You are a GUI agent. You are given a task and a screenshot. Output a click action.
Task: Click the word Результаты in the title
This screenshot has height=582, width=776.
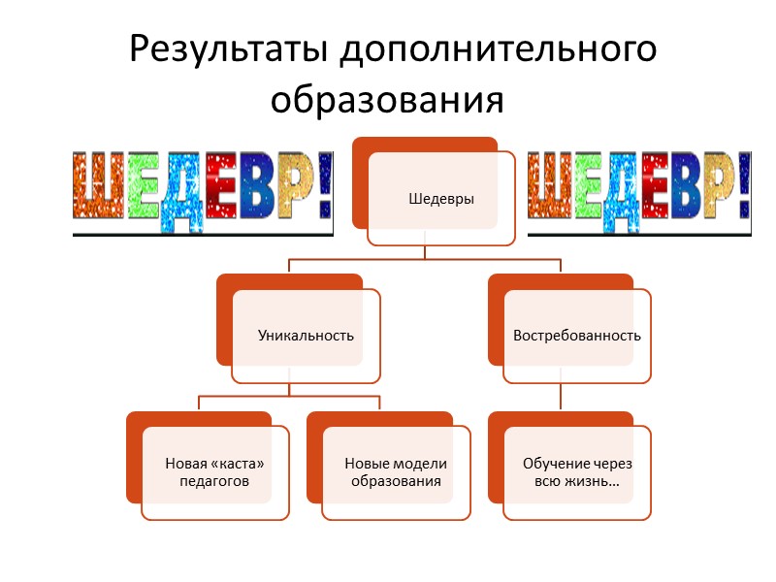228,49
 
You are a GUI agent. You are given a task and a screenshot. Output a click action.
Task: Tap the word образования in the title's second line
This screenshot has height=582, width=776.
387,98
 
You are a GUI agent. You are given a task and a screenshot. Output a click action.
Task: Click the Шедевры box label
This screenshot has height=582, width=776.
441,199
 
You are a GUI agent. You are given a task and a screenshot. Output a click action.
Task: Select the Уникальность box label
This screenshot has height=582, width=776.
306,336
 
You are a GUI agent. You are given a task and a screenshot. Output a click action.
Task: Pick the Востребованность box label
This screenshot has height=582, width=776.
577,336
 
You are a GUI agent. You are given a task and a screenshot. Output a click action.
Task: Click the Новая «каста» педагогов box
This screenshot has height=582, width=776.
214,471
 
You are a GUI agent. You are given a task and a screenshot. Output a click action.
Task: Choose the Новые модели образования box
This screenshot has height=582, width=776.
396,471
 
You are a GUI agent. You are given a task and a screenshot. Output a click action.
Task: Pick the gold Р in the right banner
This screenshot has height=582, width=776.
707,186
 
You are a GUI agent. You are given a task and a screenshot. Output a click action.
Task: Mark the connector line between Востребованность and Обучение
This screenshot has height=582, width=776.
561,398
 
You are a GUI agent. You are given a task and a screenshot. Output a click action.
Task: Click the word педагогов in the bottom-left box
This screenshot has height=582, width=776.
214,481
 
